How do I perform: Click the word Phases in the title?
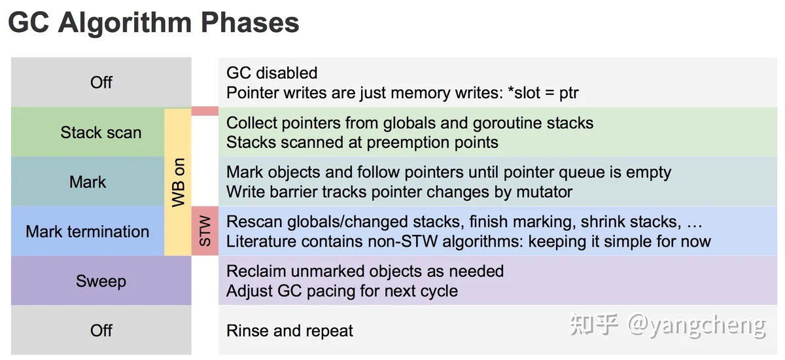[x=250, y=23]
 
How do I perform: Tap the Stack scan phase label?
[x=101, y=132]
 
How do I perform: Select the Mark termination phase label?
[x=88, y=232]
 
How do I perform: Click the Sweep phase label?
[x=101, y=281]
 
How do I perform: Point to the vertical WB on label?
[x=179, y=182]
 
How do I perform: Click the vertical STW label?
[x=205, y=230]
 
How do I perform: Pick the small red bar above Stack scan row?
[x=205, y=111]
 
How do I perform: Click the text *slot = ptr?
[x=543, y=93]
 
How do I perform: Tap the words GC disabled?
[x=272, y=73]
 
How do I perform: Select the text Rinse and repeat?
[x=290, y=331]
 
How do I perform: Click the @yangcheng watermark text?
[x=696, y=326]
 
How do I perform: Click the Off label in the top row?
[x=101, y=82]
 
